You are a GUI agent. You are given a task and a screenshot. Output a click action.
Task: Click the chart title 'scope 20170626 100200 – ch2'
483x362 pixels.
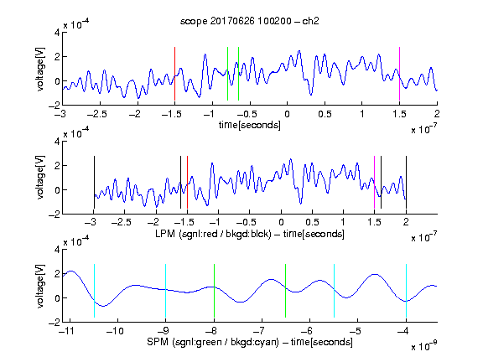click(250, 21)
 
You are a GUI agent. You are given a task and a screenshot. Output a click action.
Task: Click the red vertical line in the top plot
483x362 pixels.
click(174, 74)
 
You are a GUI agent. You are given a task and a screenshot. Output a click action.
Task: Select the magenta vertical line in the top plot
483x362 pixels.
click(399, 74)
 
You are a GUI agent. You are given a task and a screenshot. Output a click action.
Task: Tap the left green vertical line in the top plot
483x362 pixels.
click(227, 74)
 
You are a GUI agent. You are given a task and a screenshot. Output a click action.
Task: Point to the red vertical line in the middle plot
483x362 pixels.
click(187, 183)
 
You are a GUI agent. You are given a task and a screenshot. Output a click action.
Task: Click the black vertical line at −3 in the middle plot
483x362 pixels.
click(94, 183)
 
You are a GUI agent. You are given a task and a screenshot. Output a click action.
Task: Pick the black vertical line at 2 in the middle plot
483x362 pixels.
click(406, 183)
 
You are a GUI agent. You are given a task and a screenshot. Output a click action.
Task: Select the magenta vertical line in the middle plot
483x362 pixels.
click(374, 183)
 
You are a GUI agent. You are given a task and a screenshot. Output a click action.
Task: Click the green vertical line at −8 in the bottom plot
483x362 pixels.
click(214, 291)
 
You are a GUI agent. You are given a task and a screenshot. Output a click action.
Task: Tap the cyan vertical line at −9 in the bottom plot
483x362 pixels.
click(166, 291)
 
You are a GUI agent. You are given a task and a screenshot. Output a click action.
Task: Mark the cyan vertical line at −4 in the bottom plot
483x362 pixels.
click(407, 291)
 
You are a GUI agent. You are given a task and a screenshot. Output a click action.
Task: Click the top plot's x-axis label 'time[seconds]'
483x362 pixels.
click(250, 126)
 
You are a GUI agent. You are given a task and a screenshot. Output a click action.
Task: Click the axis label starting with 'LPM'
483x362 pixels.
click(250, 234)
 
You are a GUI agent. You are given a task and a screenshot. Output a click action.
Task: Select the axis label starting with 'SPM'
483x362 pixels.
click(250, 342)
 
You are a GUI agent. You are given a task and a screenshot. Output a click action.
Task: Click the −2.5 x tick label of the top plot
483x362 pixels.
click(97, 114)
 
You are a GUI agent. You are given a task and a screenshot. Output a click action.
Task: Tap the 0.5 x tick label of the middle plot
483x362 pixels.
click(312, 222)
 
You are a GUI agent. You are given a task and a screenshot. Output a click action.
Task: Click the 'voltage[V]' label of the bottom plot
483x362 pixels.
click(40, 286)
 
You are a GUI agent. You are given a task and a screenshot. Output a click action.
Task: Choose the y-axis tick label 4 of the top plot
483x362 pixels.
click(57, 33)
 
